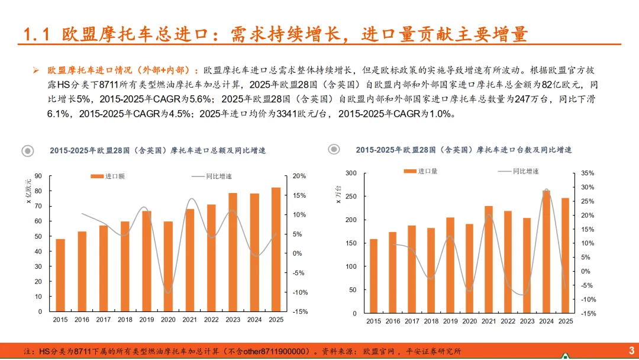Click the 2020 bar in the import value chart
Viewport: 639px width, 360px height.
[x=168, y=266]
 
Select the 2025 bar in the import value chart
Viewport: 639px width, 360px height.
[x=276, y=249]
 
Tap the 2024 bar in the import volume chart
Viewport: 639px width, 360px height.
[x=546, y=252]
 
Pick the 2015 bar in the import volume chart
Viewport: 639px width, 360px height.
[x=373, y=276]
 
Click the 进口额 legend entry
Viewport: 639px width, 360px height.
[x=108, y=176]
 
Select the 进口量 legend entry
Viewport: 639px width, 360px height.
[x=421, y=171]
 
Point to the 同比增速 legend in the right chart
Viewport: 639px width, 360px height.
[x=518, y=171]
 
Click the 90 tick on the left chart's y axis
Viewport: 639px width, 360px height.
[x=38, y=176]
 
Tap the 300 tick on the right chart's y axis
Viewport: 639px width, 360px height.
[x=351, y=173]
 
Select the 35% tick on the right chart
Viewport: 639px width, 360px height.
[x=588, y=173]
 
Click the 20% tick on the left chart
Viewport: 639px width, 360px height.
[x=299, y=176]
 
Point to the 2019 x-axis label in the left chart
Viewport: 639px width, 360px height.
[x=147, y=320]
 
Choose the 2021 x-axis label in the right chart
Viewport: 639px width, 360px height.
[x=489, y=322]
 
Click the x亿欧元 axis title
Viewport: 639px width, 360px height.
[x=28, y=191]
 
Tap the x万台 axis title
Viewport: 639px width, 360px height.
[x=338, y=194]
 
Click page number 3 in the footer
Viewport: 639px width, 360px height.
[x=631, y=351]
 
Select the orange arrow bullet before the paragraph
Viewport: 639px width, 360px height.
[x=36, y=70]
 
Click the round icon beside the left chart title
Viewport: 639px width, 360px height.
[x=28, y=151]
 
